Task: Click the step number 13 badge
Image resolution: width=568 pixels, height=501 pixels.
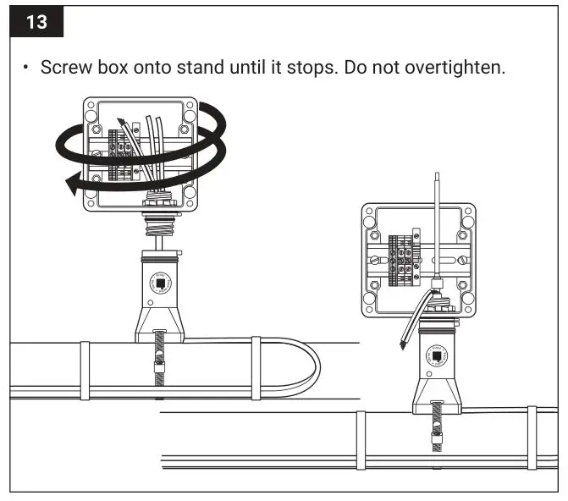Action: [37, 22]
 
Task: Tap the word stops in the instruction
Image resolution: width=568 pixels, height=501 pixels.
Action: [317, 67]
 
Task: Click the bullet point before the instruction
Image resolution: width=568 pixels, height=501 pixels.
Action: [27, 67]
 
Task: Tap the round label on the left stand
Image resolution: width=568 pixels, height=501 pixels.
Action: [161, 281]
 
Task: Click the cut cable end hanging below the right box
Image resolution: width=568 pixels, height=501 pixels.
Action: [403, 342]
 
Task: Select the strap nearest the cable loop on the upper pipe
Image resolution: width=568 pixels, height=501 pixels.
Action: [256, 367]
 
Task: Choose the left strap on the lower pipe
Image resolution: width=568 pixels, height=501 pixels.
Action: [360, 439]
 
